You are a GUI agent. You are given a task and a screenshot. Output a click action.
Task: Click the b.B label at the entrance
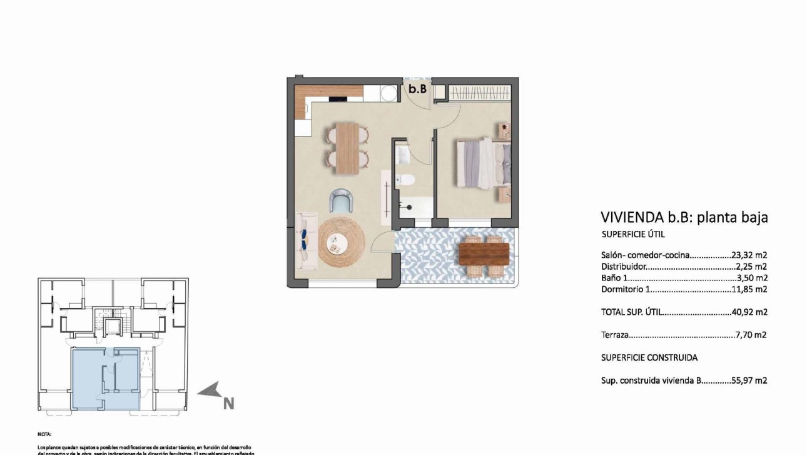coord(417,89)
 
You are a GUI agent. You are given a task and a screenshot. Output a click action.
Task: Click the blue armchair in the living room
coord(342,201)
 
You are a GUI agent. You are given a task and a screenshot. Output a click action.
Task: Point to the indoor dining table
coord(347,148)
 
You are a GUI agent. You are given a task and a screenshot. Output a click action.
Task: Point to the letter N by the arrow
coord(229,404)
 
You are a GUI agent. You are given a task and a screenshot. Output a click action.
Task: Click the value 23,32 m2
coord(749,255)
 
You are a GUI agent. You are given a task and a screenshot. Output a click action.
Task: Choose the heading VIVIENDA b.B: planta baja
coord(684,217)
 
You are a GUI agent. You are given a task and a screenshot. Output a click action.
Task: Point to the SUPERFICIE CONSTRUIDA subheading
coord(649,357)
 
